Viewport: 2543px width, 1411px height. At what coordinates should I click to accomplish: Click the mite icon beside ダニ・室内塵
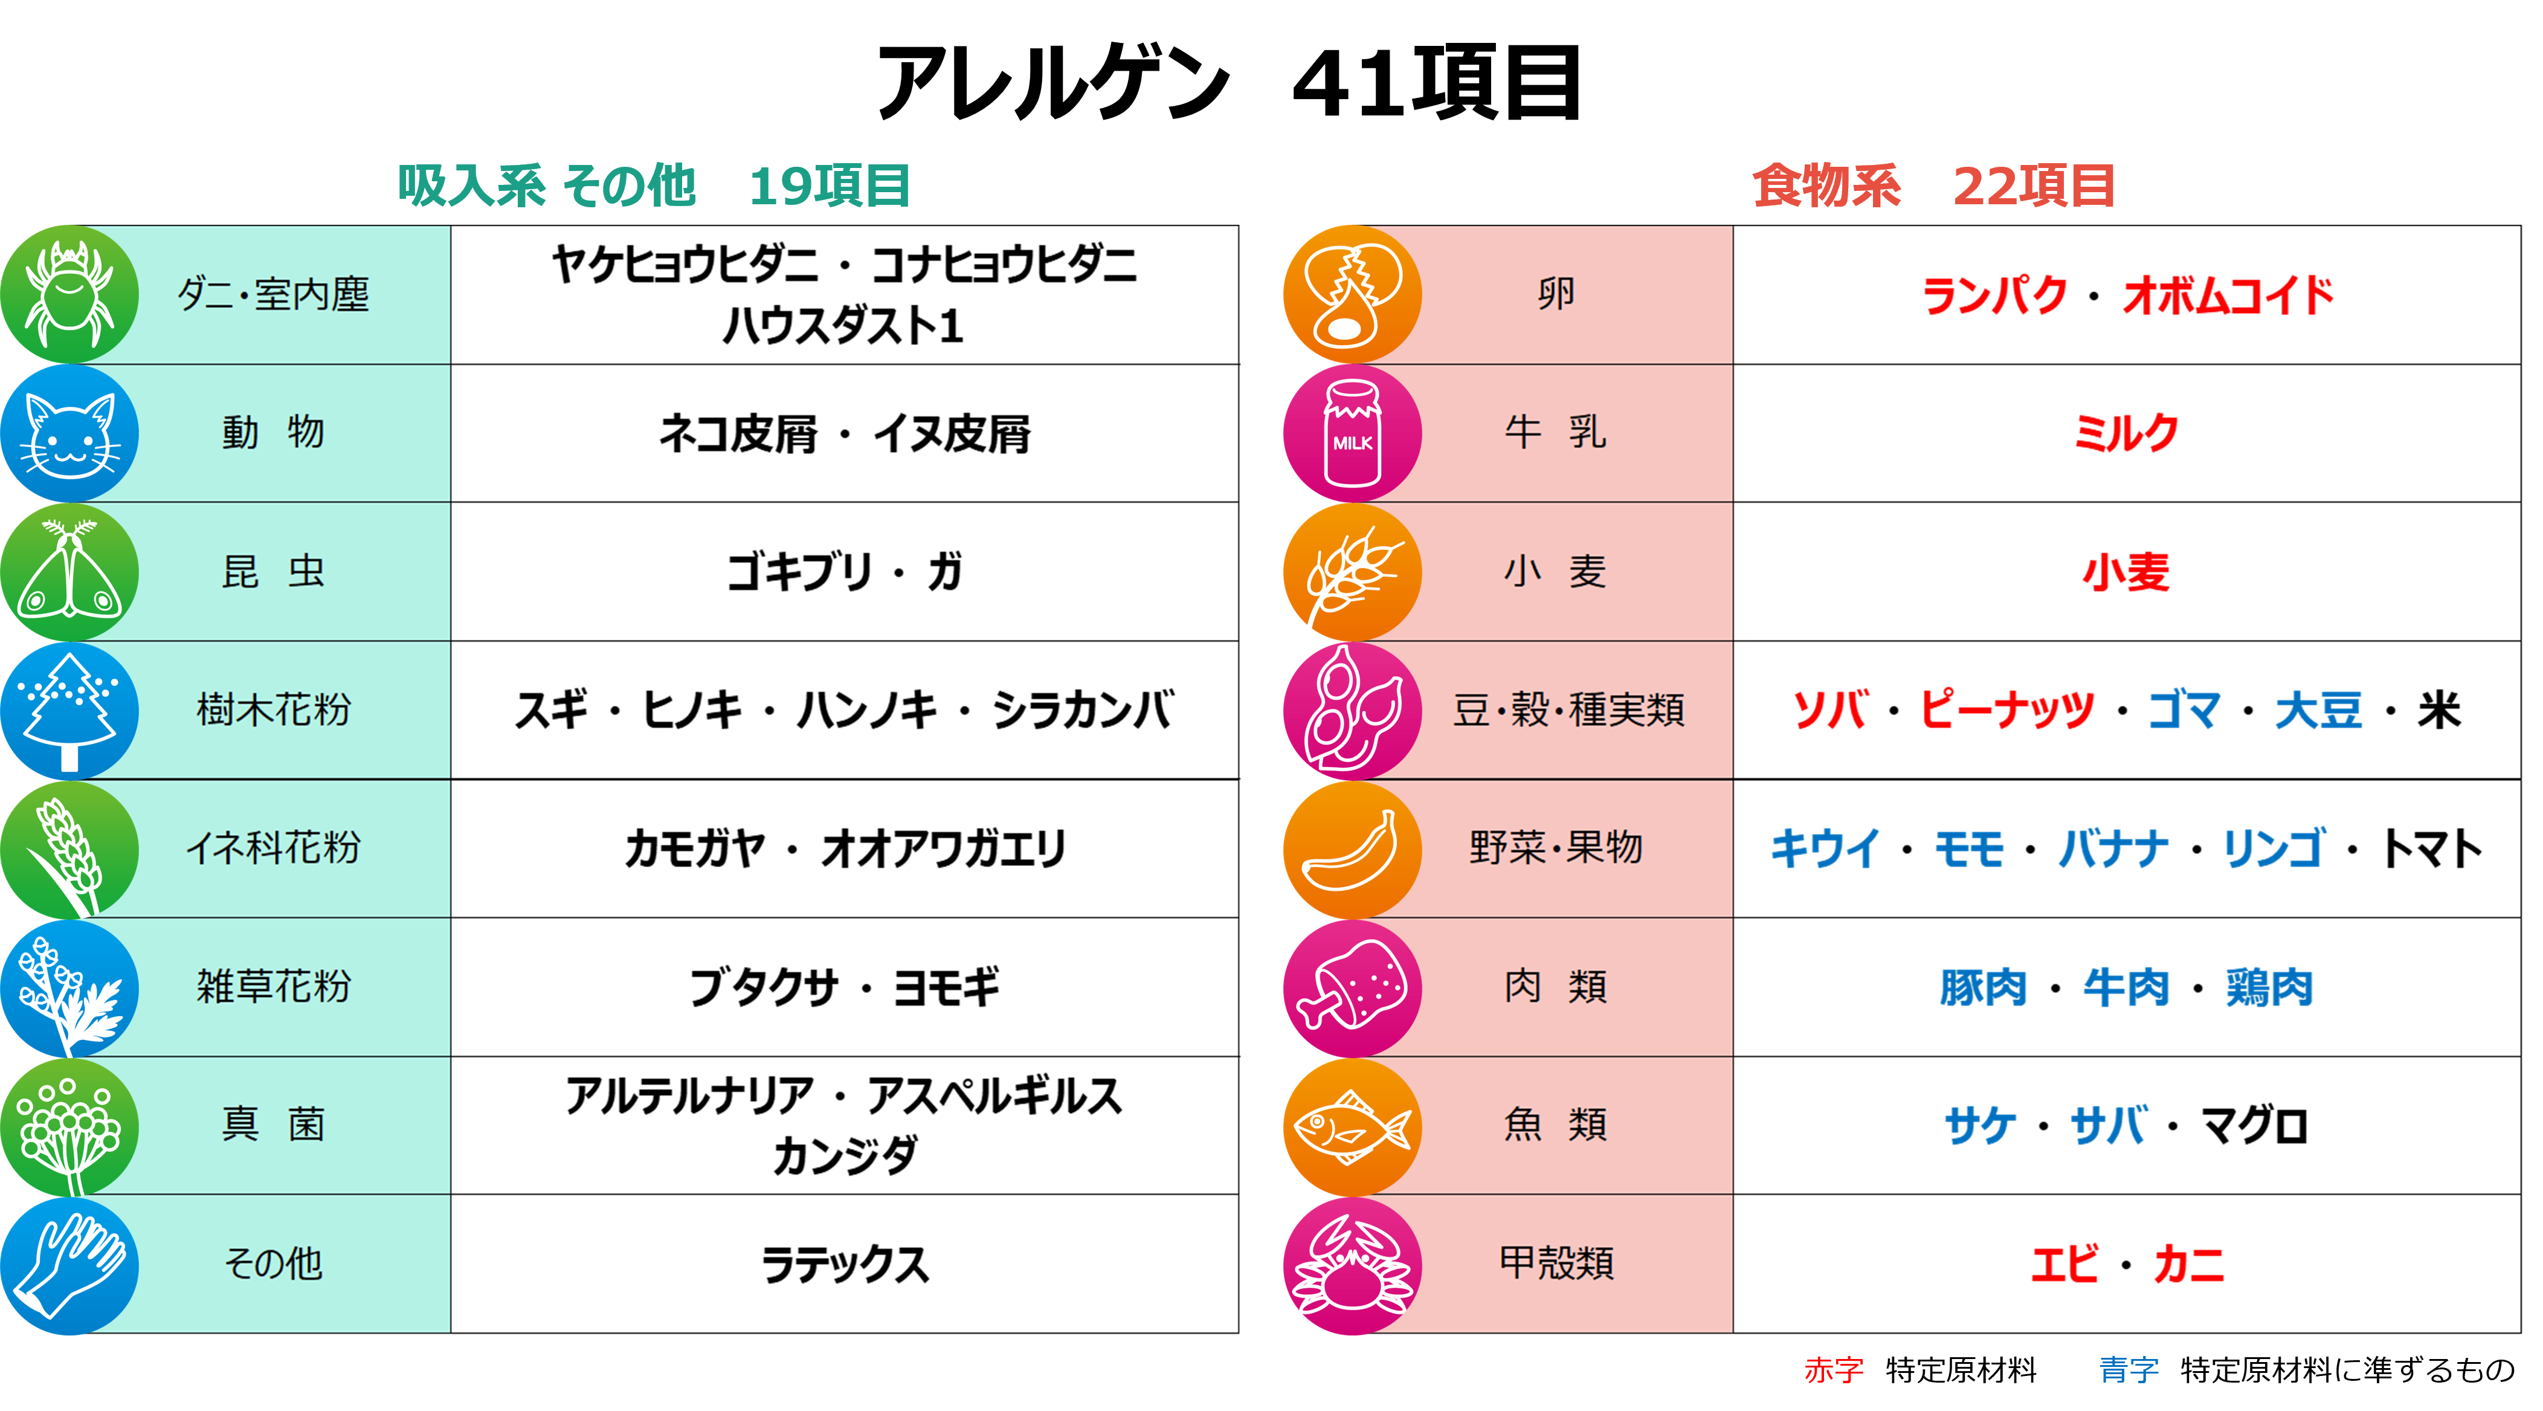tap(69, 294)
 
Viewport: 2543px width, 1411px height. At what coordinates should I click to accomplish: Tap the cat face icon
tap(69, 433)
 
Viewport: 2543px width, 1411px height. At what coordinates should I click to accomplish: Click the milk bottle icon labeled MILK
tap(1352, 433)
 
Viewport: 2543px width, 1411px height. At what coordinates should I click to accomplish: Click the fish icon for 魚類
tap(1352, 1126)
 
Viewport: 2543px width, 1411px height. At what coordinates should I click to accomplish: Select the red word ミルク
tap(2126, 433)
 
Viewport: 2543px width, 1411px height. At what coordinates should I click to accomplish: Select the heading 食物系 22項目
tap(1933, 186)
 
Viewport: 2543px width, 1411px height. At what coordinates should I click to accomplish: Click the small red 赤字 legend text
tap(1833, 1369)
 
